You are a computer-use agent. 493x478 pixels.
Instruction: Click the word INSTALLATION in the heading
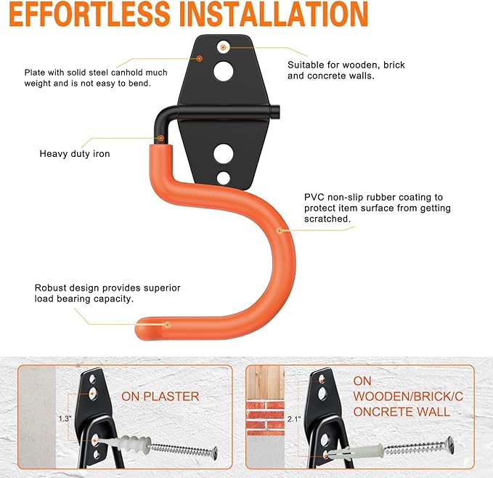coord(274,14)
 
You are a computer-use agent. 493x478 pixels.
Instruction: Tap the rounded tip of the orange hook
coord(142,328)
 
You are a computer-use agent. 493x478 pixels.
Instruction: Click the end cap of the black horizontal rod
coord(275,112)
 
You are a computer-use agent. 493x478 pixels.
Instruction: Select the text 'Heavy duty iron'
coord(75,154)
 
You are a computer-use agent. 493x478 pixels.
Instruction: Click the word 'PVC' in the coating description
coord(314,197)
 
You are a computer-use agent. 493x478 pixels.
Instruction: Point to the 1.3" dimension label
coord(65,419)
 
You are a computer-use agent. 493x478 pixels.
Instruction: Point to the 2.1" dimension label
coord(294,419)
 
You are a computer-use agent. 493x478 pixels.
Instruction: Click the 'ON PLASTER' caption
coord(160,397)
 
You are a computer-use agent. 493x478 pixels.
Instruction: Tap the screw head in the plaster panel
coord(213,453)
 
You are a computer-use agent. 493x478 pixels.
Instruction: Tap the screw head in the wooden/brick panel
coord(449,444)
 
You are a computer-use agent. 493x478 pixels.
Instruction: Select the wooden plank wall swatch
coord(265,382)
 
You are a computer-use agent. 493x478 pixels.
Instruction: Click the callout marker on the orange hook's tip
coord(168,325)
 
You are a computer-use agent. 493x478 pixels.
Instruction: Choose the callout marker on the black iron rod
coord(161,138)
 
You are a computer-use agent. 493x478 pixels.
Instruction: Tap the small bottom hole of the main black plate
coord(224,178)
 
